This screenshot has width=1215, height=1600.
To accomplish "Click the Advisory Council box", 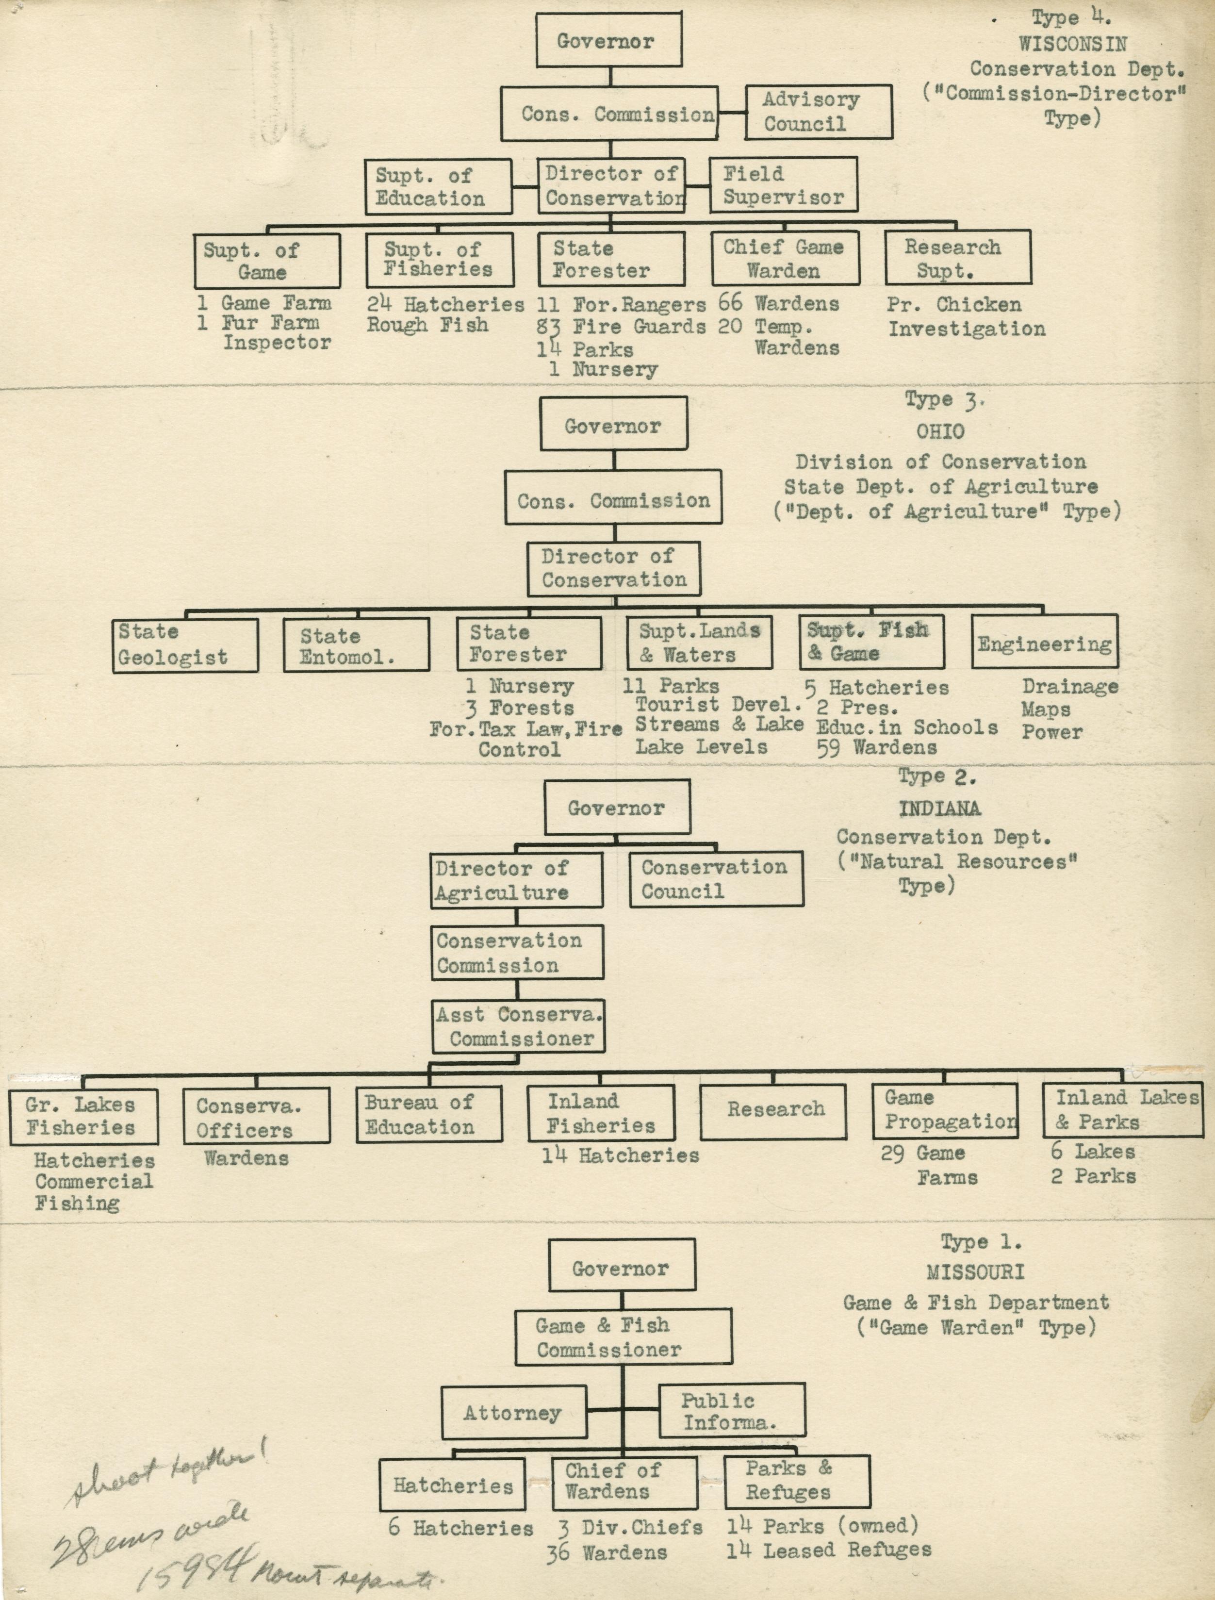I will pos(819,112).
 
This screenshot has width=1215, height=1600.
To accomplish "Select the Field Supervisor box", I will pos(783,185).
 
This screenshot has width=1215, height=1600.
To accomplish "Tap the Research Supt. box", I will pos(957,258).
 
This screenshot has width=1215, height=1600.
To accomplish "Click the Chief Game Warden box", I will pos(786,258).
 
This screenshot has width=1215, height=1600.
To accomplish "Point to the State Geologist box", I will pos(185,645).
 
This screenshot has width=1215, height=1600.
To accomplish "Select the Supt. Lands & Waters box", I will pos(699,643).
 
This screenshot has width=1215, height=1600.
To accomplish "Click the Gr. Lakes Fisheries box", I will pos(83,1117).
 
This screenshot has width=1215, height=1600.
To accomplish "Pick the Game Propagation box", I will pos(945,1111).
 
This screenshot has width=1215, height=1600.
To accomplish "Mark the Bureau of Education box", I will pos(429,1115).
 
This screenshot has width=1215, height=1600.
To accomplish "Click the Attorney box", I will pos(513,1412).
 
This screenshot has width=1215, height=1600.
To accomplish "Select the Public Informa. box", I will pos(732,1411).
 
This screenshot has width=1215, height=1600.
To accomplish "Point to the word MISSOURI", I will pos(975,1271).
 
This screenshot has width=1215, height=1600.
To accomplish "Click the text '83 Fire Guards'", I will pos(621,327).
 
